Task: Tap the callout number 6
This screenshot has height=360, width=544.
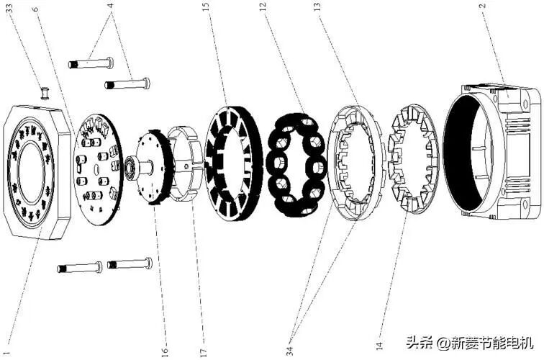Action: coord(35,12)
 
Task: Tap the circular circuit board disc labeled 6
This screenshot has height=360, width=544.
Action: coord(98,170)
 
